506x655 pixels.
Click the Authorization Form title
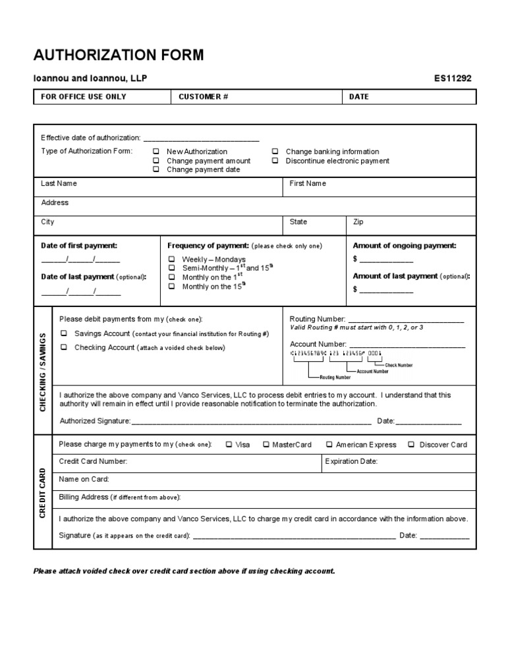click(x=119, y=55)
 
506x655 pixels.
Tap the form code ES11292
click(x=453, y=78)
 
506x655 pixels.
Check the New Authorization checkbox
click(x=156, y=152)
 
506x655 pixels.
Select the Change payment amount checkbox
click(x=156, y=161)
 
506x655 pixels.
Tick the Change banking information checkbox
click(x=275, y=152)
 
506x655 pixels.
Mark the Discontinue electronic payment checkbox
click(x=275, y=161)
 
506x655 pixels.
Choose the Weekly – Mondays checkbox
click(x=171, y=260)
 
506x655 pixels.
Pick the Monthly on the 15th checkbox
click(x=171, y=287)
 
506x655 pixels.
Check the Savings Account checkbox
click(x=65, y=333)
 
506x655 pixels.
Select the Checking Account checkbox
click(x=65, y=347)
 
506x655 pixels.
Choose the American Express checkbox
click(x=329, y=445)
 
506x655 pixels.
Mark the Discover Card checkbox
click(x=411, y=445)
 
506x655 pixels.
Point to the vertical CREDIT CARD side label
click(x=42, y=492)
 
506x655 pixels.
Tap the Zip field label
click(x=358, y=222)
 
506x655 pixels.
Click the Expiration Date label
click(x=351, y=462)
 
